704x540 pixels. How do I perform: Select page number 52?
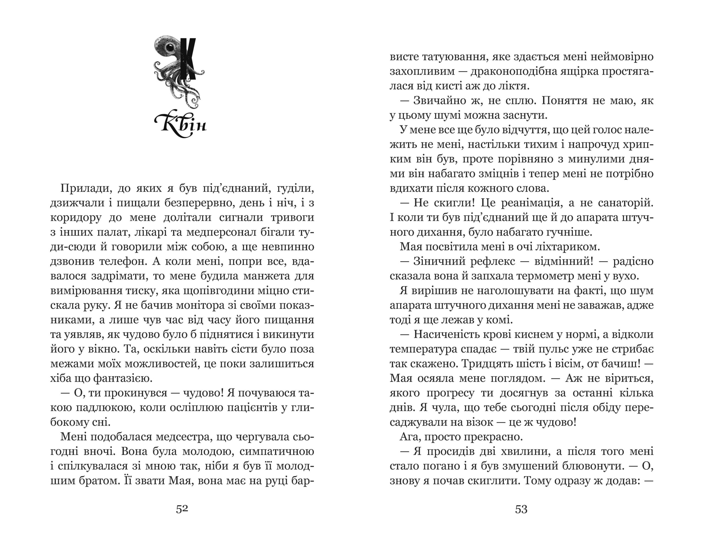click(182, 509)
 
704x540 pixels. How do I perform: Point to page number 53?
click(521, 509)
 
